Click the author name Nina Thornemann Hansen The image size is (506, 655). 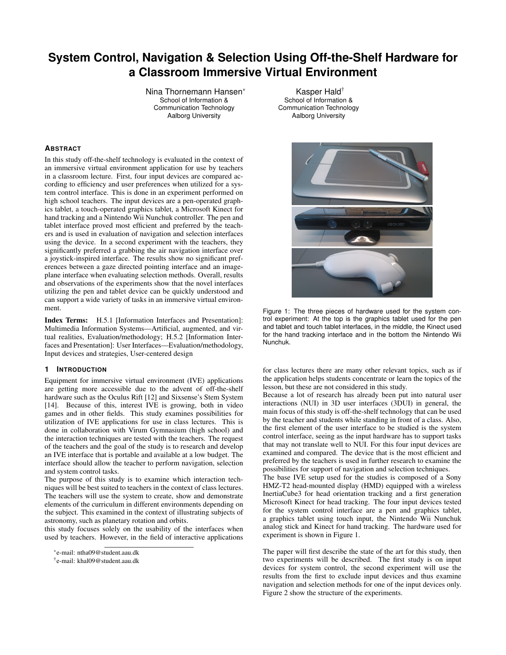click(x=194, y=92)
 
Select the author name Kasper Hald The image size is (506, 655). click(x=316, y=92)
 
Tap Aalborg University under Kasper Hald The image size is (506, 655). click(x=318, y=116)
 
